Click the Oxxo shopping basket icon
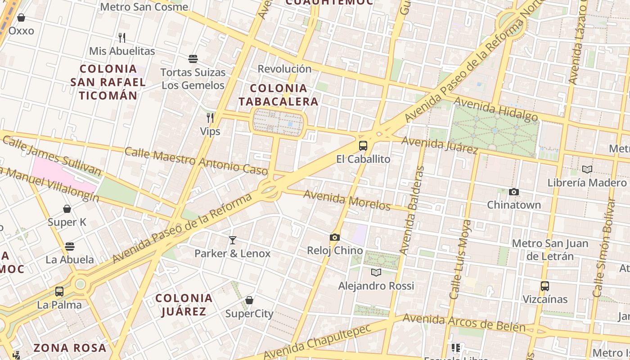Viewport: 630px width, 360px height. (21, 18)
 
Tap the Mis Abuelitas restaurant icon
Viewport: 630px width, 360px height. (121, 37)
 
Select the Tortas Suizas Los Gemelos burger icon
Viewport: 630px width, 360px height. (193, 58)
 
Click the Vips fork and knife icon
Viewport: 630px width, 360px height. (210, 118)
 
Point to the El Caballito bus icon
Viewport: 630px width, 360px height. (363, 146)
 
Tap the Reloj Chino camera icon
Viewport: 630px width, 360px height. (334, 237)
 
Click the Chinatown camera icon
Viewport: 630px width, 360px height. (513, 192)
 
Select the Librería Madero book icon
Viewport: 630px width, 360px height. (587, 169)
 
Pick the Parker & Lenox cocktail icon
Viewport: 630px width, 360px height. (232, 240)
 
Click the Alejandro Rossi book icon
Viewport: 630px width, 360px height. (376, 272)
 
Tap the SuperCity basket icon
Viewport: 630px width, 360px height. (249, 300)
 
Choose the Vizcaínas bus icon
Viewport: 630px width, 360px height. (544, 286)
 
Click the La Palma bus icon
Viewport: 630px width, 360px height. (59, 291)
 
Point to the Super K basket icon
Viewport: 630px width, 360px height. (67, 209)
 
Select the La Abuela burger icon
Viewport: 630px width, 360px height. (69, 246)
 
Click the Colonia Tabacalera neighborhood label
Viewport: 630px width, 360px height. (278, 94)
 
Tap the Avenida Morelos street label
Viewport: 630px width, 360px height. (346, 200)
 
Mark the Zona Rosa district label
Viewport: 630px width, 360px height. (70, 348)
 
